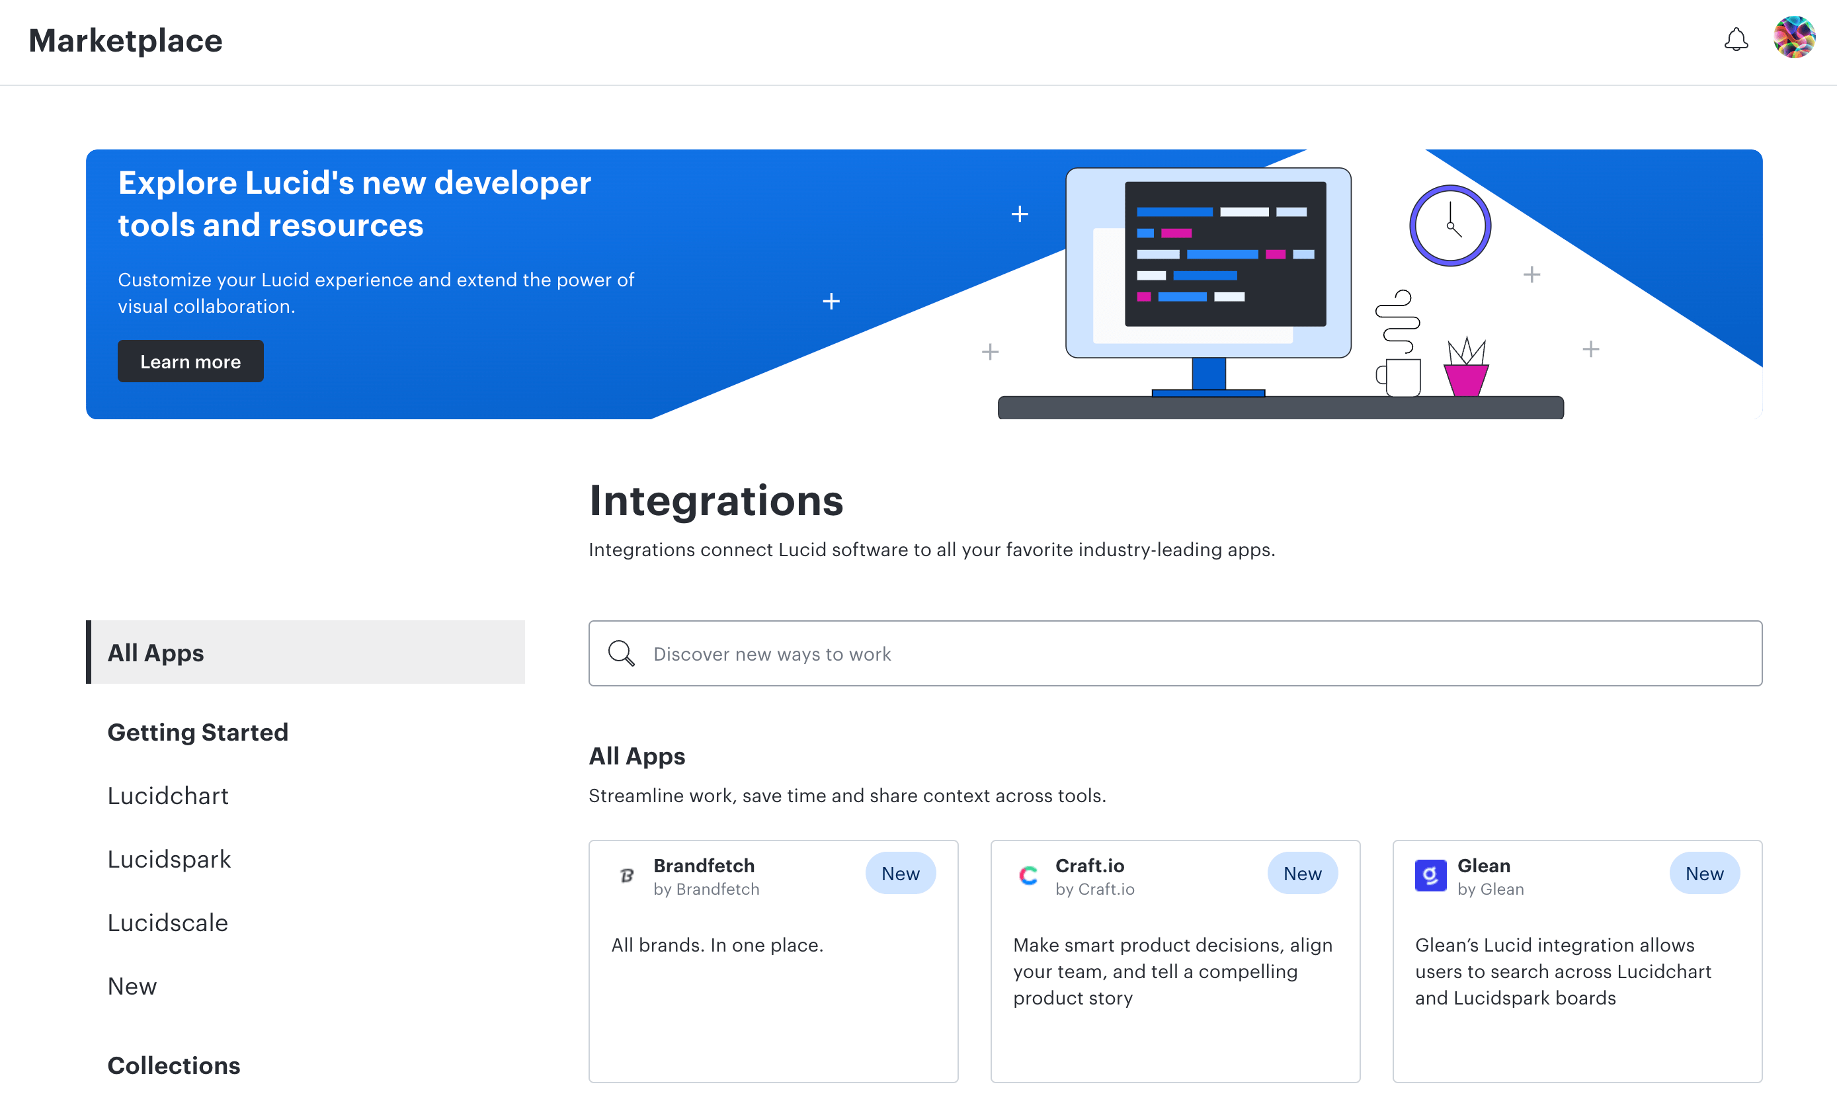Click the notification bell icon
click(1736, 39)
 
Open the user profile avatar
click(1794, 37)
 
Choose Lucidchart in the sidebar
click(168, 796)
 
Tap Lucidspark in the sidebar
click(169, 859)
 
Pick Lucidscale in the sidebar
click(168, 922)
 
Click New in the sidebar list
click(132, 985)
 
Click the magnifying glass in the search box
click(620, 653)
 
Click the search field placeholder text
click(772, 654)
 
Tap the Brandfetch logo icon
click(627, 875)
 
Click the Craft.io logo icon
click(1028, 875)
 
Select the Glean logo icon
click(1430, 875)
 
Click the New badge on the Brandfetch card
click(900, 873)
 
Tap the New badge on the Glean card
click(1703, 873)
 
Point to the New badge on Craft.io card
click(1302, 873)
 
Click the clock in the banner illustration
click(1449, 225)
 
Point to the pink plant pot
click(1466, 379)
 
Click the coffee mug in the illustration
click(1401, 377)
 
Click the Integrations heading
click(715, 500)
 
